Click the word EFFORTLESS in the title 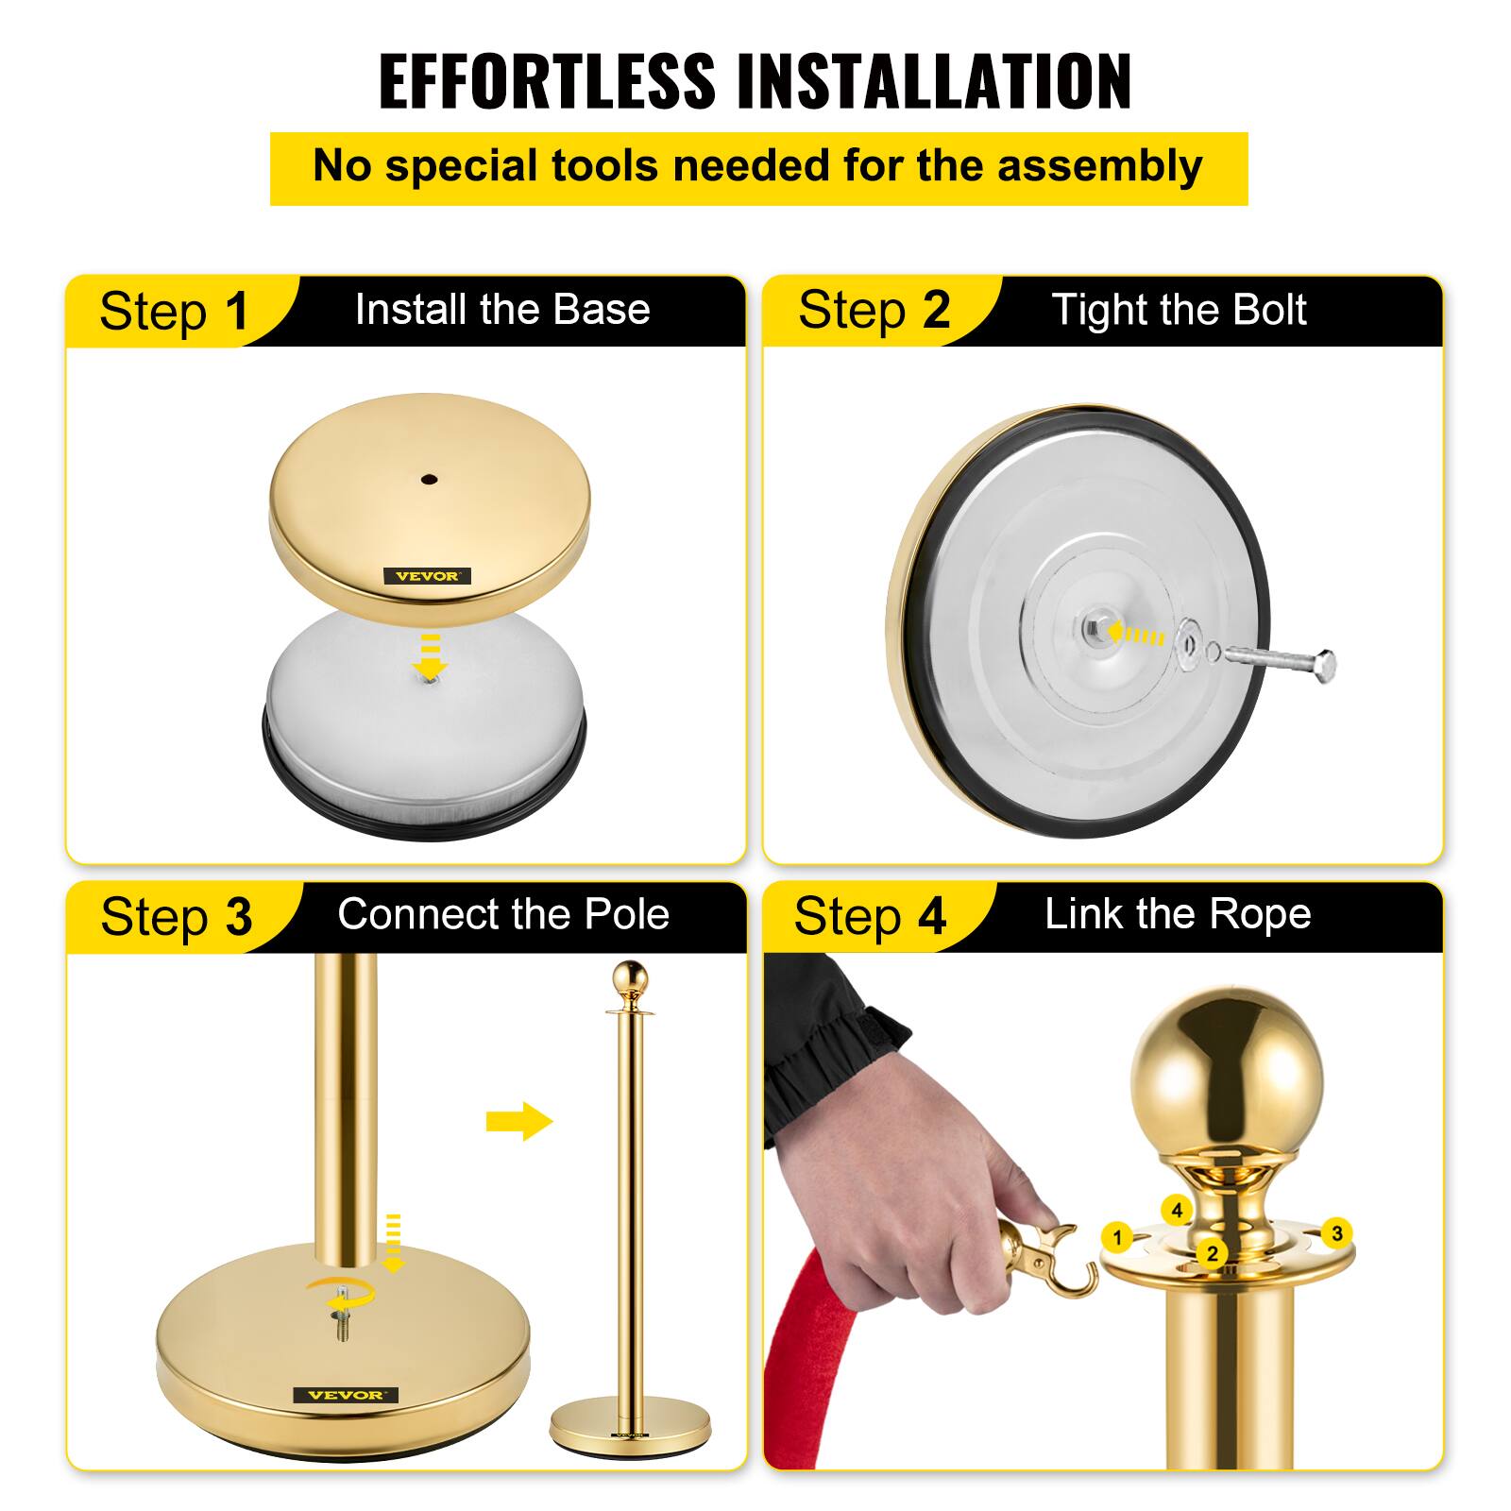(x=548, y=81)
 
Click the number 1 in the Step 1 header (x=236, y=312)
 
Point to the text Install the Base (x=502, y=310)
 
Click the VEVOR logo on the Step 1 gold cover (x=427, y=576)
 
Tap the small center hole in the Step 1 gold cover (x=430, y=480)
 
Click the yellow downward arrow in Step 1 (x=430, y=657)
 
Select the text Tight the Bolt (x=1179, y=310)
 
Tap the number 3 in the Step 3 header (x=238, y=917)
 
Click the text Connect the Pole (x=503, y=914)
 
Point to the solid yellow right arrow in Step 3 (x=519, y=1121)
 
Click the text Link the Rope (x=1178, y=914)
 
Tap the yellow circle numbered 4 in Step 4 (x=1177, y=1210)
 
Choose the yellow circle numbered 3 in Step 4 (x=1336, y=1233)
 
